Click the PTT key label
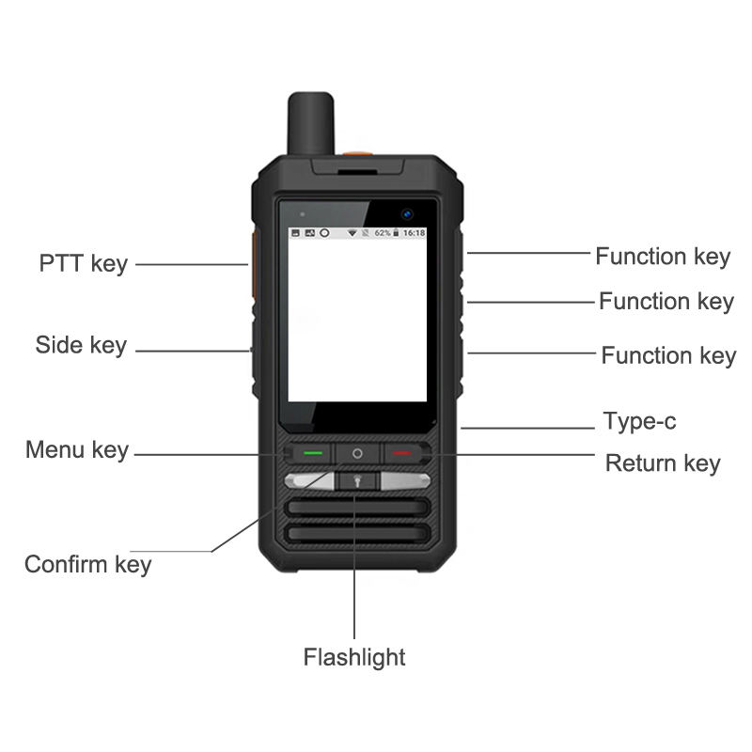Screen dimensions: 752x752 click(83, 263)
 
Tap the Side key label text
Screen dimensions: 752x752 click(81, 345)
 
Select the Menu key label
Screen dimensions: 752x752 click(77, 450)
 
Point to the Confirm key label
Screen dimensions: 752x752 click(87, 564)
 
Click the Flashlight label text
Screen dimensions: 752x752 click(354, 657)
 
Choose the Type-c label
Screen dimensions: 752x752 click(639, 421)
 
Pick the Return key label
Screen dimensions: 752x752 click(663, 463)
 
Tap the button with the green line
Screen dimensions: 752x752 click(312, 453)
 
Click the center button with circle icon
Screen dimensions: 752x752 click(357, 453)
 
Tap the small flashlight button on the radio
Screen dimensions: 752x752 click(356, 481)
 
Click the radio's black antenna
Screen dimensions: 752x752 click(309, 127)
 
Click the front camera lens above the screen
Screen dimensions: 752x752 click(408, 212)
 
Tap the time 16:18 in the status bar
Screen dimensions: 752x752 click(414, 232)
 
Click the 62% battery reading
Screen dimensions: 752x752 click(383, 232)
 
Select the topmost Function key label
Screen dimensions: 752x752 click(663, 257)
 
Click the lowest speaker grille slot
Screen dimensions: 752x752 click(357, 534)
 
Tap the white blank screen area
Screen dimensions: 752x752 click(357, 320)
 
